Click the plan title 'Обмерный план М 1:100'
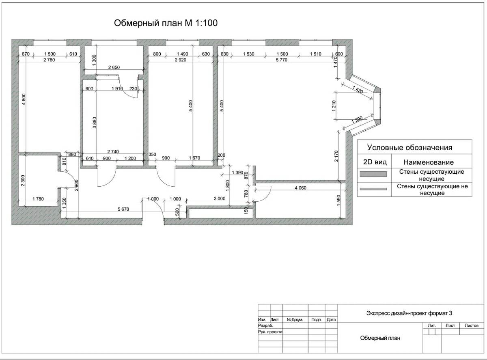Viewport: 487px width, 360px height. (x=166, y=23)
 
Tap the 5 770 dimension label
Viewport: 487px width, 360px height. (x=282, y=60)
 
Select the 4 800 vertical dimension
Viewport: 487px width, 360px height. (x=24, y=99)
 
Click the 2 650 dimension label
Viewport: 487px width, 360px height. (x=114, y=67)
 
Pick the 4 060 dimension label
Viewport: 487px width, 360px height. (x=300, y=188)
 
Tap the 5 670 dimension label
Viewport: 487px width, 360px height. (x=123, y=209)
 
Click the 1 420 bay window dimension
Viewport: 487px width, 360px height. (x=358, y=89)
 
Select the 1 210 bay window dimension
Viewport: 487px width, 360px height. (x=334, y=106)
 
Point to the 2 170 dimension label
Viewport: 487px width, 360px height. (x=336, y=156)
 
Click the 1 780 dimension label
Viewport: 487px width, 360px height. (x=38, y=199)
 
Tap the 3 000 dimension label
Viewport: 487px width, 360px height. (x=220, y=198)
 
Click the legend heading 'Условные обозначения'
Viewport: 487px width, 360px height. (x=410, y=148)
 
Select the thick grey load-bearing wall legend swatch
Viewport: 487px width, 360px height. (x=373, y=174)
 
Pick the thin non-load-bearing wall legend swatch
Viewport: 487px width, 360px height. (x=373, y=189)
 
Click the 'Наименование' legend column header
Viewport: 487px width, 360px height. (x=429, y=162)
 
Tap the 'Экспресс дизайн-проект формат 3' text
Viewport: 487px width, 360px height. (x=409, y=313)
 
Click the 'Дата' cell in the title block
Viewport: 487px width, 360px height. (x=331, y=319)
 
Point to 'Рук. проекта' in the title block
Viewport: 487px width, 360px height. (x=271, y=332)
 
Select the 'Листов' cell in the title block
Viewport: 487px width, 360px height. (x=472, y=326)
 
